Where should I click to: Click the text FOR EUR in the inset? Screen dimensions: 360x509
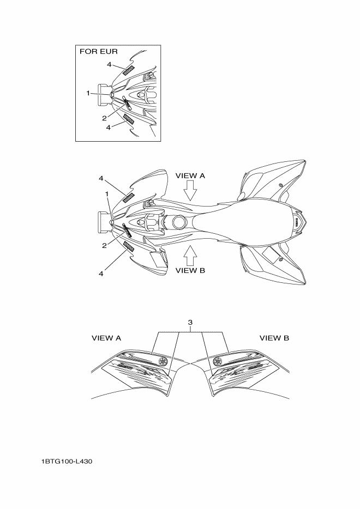99,52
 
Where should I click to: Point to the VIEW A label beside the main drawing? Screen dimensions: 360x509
190,176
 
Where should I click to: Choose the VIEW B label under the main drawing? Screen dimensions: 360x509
190,270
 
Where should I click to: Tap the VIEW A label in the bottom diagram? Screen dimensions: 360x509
106,338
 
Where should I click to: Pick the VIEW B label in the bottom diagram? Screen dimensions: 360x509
274,338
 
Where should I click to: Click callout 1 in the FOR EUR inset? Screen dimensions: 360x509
88,93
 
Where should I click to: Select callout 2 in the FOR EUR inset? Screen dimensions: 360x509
104,118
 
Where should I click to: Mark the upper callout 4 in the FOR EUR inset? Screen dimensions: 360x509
109,64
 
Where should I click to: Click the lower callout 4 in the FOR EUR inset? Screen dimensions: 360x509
109,127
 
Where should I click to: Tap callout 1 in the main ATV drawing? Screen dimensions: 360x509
107,193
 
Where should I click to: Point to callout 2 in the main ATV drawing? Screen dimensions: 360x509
104,245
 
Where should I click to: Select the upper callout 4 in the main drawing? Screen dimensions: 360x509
101,178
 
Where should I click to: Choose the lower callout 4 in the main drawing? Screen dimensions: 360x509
101,274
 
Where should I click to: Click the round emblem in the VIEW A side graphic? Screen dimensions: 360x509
163,361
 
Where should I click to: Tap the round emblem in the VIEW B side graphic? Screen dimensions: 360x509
218,361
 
